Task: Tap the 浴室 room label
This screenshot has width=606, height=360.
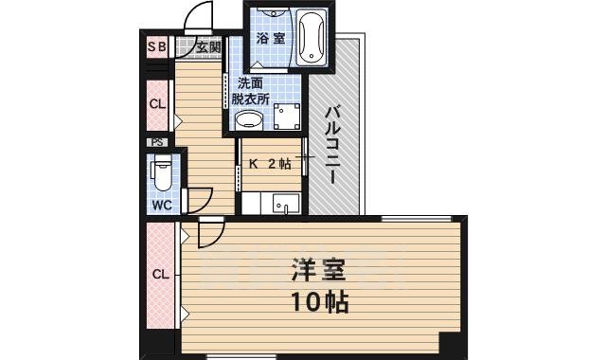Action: [x=270, y=39]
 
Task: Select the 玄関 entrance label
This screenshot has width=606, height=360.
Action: [x=209, y=46]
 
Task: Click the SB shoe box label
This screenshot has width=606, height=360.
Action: [x=156, y=46]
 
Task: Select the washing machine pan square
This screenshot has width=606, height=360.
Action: [x=286, y=117]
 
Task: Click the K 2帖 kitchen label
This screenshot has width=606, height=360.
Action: [x=269, y=163]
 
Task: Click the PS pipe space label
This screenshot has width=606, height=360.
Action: [x=157, y=142]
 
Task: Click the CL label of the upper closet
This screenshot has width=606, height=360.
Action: [x=157, y=104]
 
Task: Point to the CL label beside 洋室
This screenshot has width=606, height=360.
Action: [x=161, y=275]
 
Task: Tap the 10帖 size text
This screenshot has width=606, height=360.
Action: [x=317, y=303]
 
